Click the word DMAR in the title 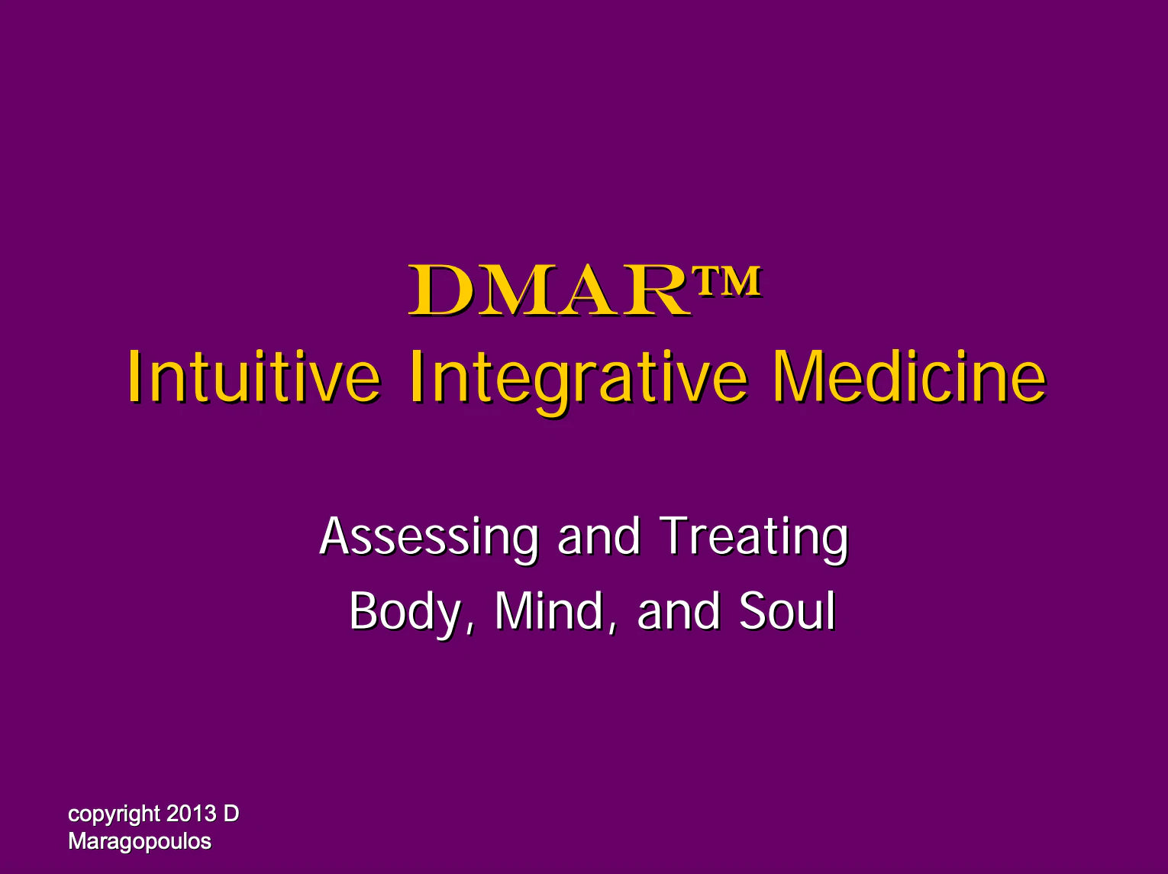pyautogui.click(x=550, y=290)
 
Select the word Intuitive pyautogui.click(x=254, y=377)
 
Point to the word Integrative pyautogui.click(x=579, y=382)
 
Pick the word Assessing pyautogui.click(x=429, y=539)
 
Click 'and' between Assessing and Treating pyautogui.click(x=599, y=536)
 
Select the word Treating pyautogui.click(x=753, y=539)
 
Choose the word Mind pyautogui.click(x=549, y=611)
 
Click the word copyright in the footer pyautogui.click(x=115, y=815)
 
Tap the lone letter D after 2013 pyautogui.click(x=231, y=814)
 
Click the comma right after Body pyautogui.click(x=468, y=629)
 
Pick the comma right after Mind pyautogui.click(x=612, y=629)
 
